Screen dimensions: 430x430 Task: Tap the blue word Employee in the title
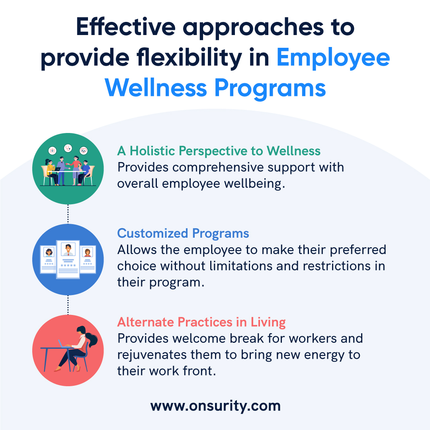coord(333,58)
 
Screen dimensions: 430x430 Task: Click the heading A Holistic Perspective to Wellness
coord(219,151)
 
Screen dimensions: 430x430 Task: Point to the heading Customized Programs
coord(183,233)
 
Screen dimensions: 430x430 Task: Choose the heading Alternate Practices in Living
coord(201,322)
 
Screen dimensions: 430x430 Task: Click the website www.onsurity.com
coord(215,406)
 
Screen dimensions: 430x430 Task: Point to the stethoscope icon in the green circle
coord(68,148)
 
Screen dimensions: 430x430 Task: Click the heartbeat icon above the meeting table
coord(83,150)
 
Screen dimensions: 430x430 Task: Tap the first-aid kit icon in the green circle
coord(53,150)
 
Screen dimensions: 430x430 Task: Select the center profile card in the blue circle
coord(68,259)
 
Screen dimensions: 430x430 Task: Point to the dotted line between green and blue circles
coord(68,214)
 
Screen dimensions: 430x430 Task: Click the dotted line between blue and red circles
coord(68,305)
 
